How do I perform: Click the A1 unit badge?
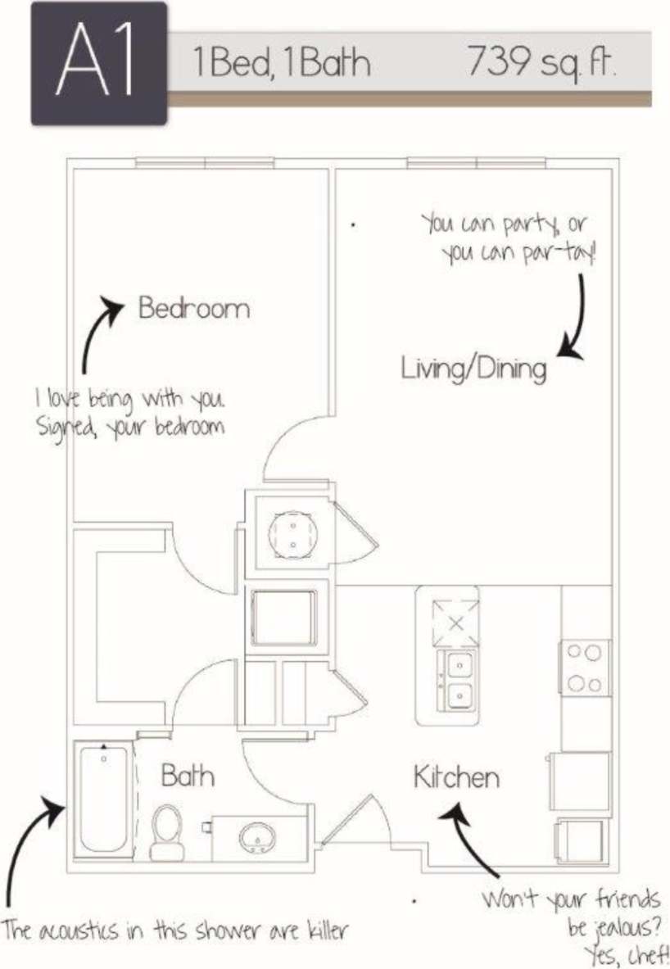[x=98, y=64]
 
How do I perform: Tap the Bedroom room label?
[x=193, y=309]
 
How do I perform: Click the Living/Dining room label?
[x=473, y=368]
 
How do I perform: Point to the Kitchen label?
[x=456, y=777]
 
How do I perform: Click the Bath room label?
[x=188, y=775]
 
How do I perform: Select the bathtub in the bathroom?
[x=104, y=798]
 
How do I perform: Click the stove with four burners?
[x=586, y=668]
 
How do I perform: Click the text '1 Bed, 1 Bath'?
[x=281, y=63]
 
